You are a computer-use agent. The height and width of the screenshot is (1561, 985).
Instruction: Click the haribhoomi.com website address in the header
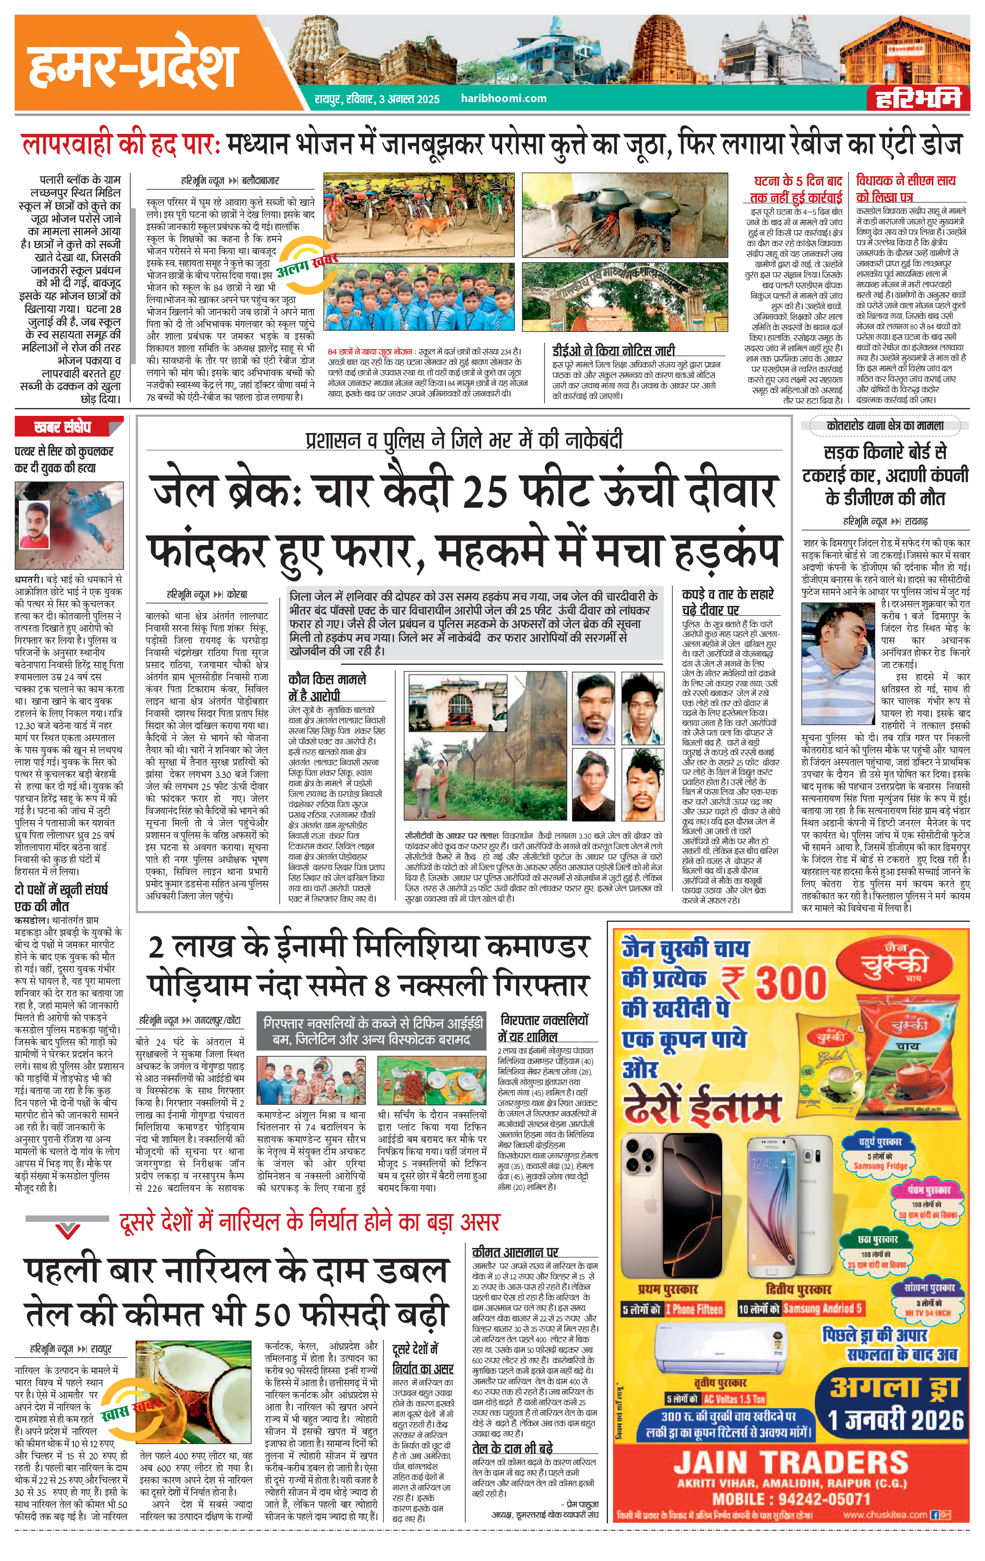(503, 99)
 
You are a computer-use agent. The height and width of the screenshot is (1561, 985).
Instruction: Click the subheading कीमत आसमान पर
(516, 1252)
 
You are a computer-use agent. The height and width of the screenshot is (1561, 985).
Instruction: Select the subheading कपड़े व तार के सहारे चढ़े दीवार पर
(728, 602)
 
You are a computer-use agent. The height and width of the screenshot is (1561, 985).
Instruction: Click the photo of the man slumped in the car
(838, 661)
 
